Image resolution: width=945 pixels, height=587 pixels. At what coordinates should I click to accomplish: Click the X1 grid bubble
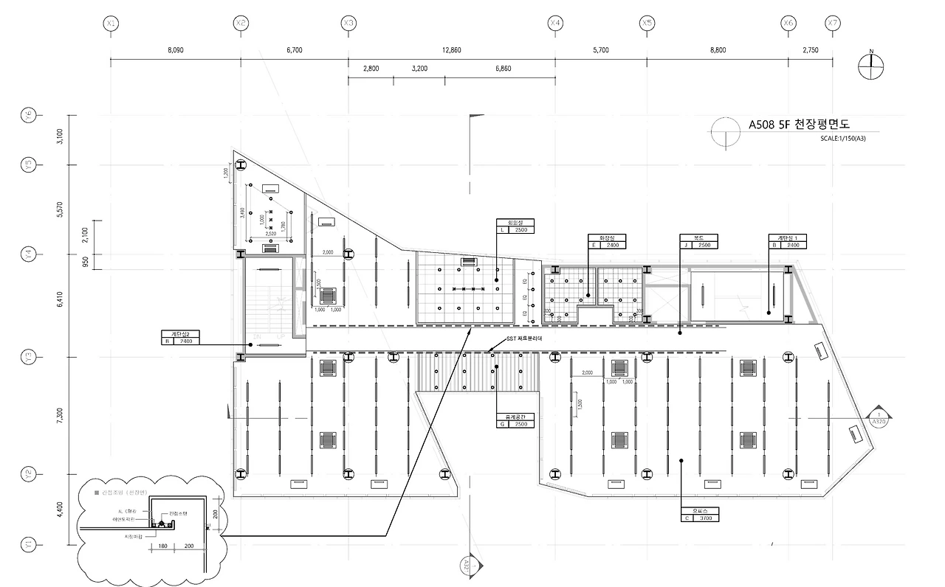point(111,24)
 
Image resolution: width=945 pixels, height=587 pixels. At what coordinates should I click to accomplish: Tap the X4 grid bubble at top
point(555,24)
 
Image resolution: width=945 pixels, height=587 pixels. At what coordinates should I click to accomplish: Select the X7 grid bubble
point(833,24)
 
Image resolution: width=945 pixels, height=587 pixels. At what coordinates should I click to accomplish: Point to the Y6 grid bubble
point(28,115)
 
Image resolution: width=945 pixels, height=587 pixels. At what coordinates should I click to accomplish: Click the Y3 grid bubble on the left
point(28,357)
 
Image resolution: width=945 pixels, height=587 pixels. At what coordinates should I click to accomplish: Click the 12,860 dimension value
point(452,50)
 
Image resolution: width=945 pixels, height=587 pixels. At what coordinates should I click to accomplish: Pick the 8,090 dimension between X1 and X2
point(176,50)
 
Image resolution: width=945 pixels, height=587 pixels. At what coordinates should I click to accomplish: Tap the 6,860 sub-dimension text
point(504,69)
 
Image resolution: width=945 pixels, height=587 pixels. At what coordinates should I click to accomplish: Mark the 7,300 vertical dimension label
point(60,415)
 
